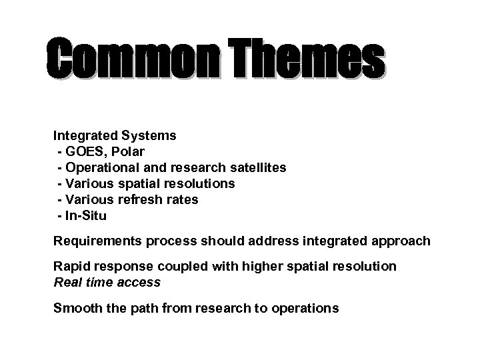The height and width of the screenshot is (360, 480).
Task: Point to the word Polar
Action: click(136, 151)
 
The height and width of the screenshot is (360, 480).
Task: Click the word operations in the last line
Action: click(307, 308)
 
